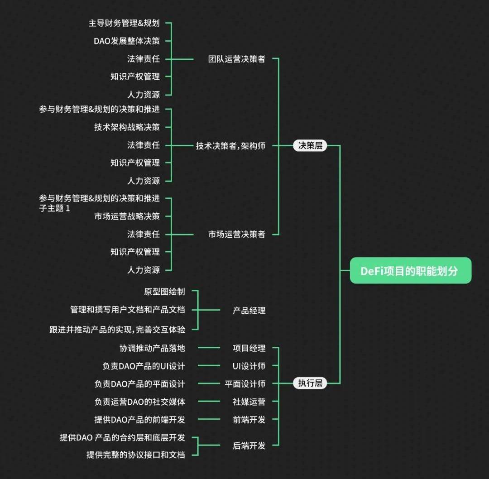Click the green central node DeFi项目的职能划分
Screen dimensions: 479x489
(410, 271)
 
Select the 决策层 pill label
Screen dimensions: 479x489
(310, 145)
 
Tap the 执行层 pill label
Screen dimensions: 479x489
(310, 383)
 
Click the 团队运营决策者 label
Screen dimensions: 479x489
(236, 59)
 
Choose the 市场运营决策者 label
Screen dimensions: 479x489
(236, 234)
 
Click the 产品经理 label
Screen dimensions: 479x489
(249, 311)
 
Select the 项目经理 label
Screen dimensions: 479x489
(249, 348)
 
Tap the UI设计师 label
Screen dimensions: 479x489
(249, 366)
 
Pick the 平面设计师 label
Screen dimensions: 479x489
(245, 383)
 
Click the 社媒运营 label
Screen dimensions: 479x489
(249, 401)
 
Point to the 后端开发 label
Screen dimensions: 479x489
(249, 445)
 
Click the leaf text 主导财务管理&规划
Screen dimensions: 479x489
(124, 23)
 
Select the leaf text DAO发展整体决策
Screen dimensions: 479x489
(127, 41)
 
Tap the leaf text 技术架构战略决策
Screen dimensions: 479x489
(127, 127)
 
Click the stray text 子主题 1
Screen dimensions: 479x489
(54, 209)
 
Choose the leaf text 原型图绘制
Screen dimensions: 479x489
(164, 292)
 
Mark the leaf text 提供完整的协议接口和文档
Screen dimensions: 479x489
(136, 455)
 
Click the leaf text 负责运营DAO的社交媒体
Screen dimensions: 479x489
(139, 401)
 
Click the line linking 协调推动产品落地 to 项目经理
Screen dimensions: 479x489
(209, 348)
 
